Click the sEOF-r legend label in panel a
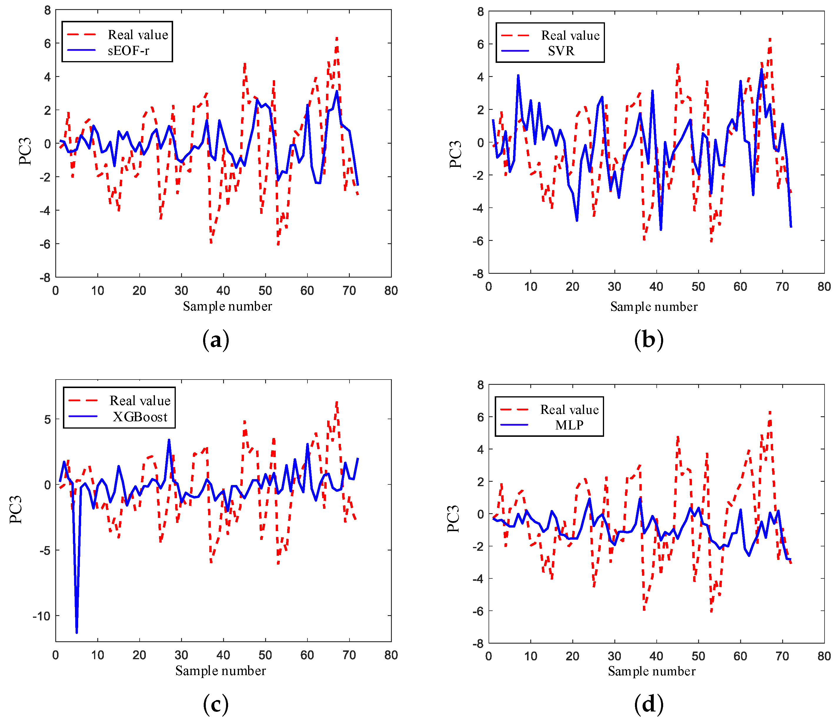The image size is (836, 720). (128, 51)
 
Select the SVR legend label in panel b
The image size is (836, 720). (561, 51)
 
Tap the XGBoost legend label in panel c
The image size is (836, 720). (140, 417)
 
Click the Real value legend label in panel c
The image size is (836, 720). (140, 401)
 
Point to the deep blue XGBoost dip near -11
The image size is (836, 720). (77, 631)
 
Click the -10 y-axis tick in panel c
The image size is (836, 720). (41, 616)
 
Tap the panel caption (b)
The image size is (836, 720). (648, 340)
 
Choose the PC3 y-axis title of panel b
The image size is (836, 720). (455, 155)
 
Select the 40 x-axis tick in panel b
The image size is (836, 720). (656, 287)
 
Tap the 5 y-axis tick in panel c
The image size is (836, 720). (48, 419)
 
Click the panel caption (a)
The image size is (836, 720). (216, 340)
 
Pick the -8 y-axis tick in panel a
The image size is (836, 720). (45, 278)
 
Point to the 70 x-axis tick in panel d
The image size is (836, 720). (782, 656)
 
